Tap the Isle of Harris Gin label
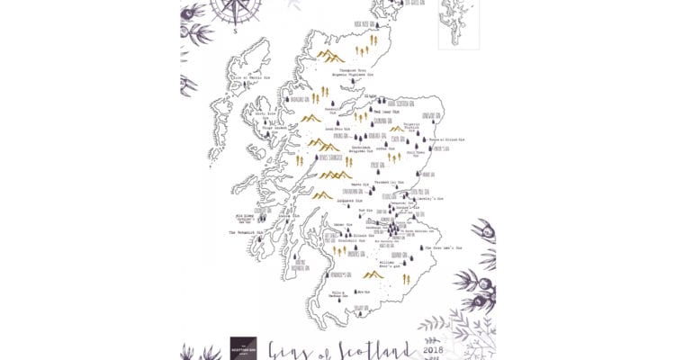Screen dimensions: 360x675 [250, 78]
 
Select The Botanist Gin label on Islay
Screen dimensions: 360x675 [245, 231]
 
